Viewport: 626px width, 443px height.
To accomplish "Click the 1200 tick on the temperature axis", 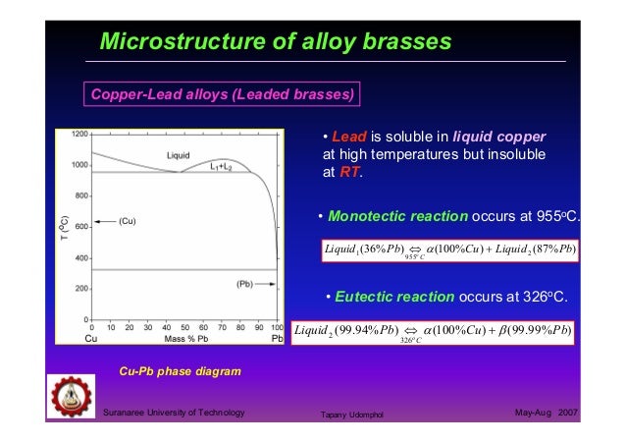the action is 79,134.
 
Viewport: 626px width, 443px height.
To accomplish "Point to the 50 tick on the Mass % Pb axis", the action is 184,327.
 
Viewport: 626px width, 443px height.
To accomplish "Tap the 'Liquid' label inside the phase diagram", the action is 178,155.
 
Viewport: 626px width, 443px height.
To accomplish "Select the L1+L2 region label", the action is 221,167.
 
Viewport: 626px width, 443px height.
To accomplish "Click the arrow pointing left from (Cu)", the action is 105,222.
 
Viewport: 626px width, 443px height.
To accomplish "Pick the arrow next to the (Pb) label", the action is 266,284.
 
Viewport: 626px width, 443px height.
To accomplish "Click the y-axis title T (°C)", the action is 65,228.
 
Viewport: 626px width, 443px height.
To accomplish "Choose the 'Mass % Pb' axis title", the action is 186,339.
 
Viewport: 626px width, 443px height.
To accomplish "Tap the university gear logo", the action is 72,397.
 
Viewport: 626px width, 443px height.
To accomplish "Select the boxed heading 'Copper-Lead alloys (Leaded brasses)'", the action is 222,94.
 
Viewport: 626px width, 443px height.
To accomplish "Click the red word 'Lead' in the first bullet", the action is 349,137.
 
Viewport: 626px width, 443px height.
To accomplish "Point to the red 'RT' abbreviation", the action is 350,172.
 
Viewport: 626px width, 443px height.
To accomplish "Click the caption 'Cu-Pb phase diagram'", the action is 181,371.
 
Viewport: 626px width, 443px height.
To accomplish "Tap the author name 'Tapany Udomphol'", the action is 351,415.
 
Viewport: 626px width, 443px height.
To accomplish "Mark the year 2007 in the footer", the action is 568,413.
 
